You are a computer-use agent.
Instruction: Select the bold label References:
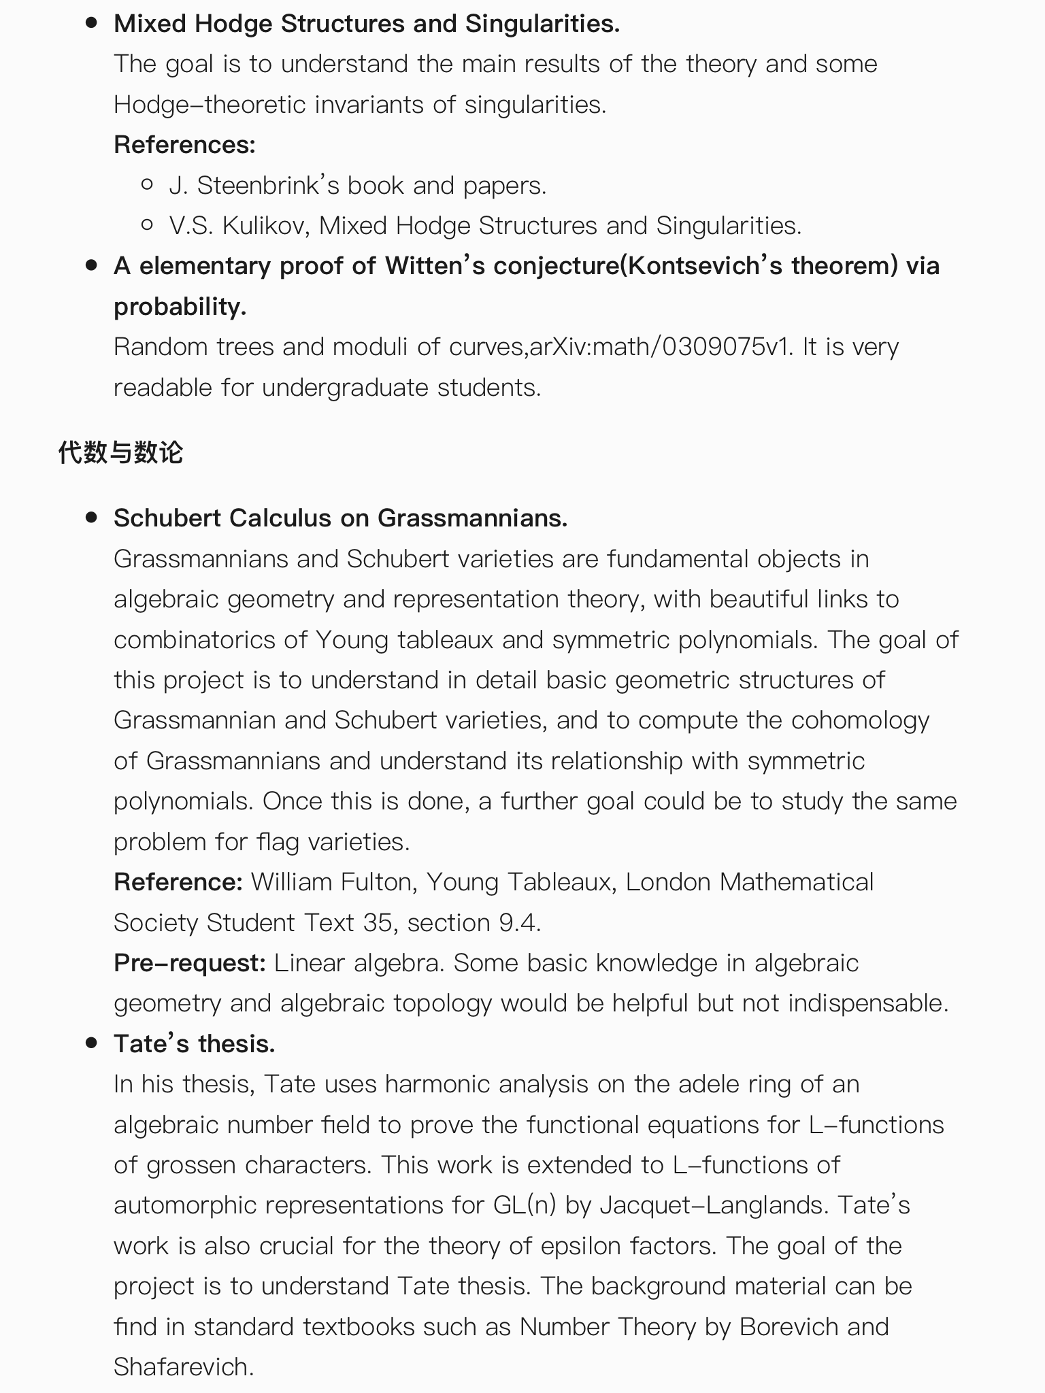click(184, 145)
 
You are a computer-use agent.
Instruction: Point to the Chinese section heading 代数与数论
click(120, 452)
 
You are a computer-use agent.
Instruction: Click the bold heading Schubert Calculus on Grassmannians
click(340, 518)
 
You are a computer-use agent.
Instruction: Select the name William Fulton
click(331, 882)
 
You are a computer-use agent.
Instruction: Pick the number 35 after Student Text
click(378, 923)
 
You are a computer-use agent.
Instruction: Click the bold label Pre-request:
click(189, 963)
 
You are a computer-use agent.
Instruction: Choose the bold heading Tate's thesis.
click(195, 1044)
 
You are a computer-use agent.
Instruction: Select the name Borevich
click(789, 1327)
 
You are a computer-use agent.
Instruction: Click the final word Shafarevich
click(183, 1367)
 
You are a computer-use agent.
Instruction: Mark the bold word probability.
click(180, 307)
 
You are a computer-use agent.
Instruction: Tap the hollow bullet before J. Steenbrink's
click(147, 184)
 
